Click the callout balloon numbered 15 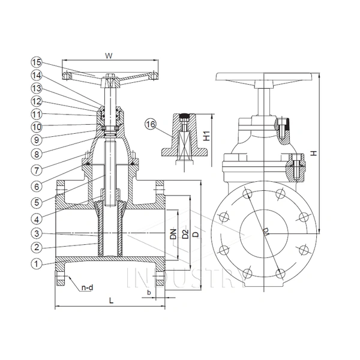(37, 62)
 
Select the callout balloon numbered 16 (151, 124)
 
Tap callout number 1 (37, 264)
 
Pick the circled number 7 (37, 170)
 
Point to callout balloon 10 (37, 127)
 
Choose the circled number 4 (37, 219)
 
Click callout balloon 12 (37, 101)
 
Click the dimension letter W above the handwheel (109, 56)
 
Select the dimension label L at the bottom (112, 301)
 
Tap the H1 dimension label (207, 136)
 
